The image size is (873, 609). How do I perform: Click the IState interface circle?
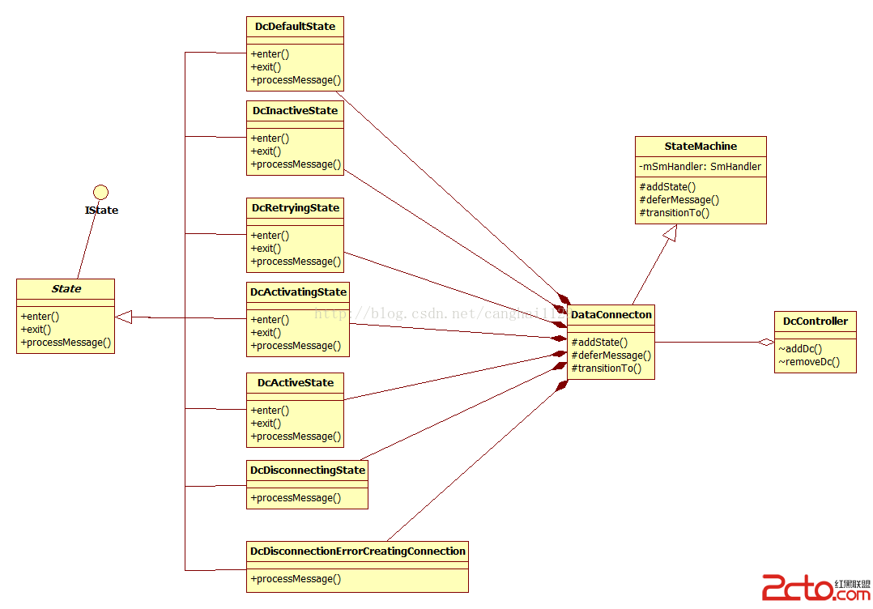100,192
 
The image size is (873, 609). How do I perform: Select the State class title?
66,288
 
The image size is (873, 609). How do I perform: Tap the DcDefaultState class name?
295,26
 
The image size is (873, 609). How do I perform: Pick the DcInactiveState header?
295,110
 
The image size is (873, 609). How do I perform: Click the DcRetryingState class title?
295,207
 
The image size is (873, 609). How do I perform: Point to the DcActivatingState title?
298,292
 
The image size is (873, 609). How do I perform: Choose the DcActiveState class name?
295,382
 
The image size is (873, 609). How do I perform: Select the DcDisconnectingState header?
307,470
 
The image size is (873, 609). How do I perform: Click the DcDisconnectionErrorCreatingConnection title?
357,551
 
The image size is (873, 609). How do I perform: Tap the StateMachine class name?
701,146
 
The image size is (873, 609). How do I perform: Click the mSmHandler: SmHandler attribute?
701,167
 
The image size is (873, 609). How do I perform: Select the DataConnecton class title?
611,314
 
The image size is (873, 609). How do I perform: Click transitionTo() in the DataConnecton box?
606,368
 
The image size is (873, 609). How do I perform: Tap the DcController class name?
815,321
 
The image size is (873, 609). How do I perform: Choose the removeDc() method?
808,362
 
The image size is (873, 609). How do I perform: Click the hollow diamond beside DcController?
765,342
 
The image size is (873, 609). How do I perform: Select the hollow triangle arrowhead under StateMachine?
669,233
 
